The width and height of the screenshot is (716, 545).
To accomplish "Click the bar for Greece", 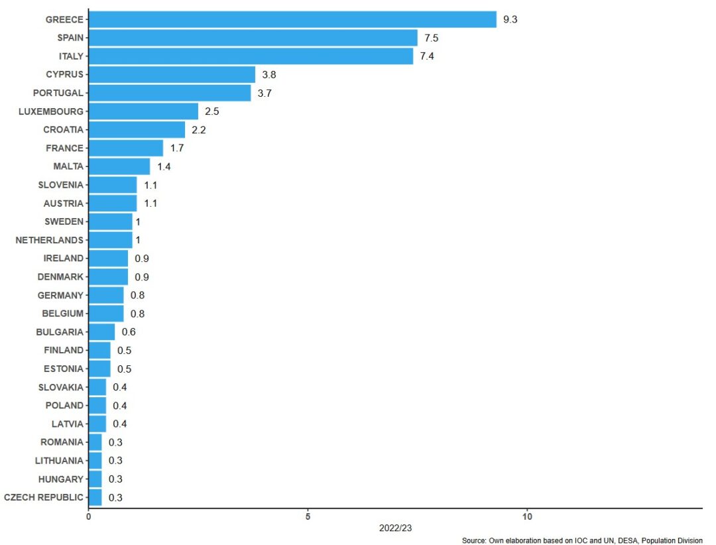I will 292,19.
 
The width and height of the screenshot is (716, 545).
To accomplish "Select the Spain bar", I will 253,38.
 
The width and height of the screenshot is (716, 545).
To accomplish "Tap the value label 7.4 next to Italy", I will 427,56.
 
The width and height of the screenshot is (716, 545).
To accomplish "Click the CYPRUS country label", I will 64,74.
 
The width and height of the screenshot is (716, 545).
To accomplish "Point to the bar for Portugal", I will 170,93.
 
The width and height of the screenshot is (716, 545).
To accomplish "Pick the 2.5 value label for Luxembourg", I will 211,111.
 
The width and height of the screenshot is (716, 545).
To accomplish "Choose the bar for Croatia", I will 137,129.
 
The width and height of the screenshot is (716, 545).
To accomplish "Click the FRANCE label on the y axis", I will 64,148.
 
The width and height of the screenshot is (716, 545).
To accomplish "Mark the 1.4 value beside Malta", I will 164,166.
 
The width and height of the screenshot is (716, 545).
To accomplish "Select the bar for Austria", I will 113,203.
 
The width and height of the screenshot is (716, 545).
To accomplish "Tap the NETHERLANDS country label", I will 50,240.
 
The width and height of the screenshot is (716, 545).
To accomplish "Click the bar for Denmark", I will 108,276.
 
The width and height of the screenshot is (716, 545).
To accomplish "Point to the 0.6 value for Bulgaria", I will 129,332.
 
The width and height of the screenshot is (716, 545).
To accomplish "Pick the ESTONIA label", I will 64,369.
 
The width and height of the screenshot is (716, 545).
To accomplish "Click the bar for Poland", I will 97,405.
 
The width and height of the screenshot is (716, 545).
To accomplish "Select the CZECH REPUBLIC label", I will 44,497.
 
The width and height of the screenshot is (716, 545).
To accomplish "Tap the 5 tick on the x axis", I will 308,516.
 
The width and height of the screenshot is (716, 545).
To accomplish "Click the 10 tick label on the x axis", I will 527,516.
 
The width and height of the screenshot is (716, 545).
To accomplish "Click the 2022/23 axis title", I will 395,528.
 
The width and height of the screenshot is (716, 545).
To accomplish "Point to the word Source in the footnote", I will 473,541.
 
